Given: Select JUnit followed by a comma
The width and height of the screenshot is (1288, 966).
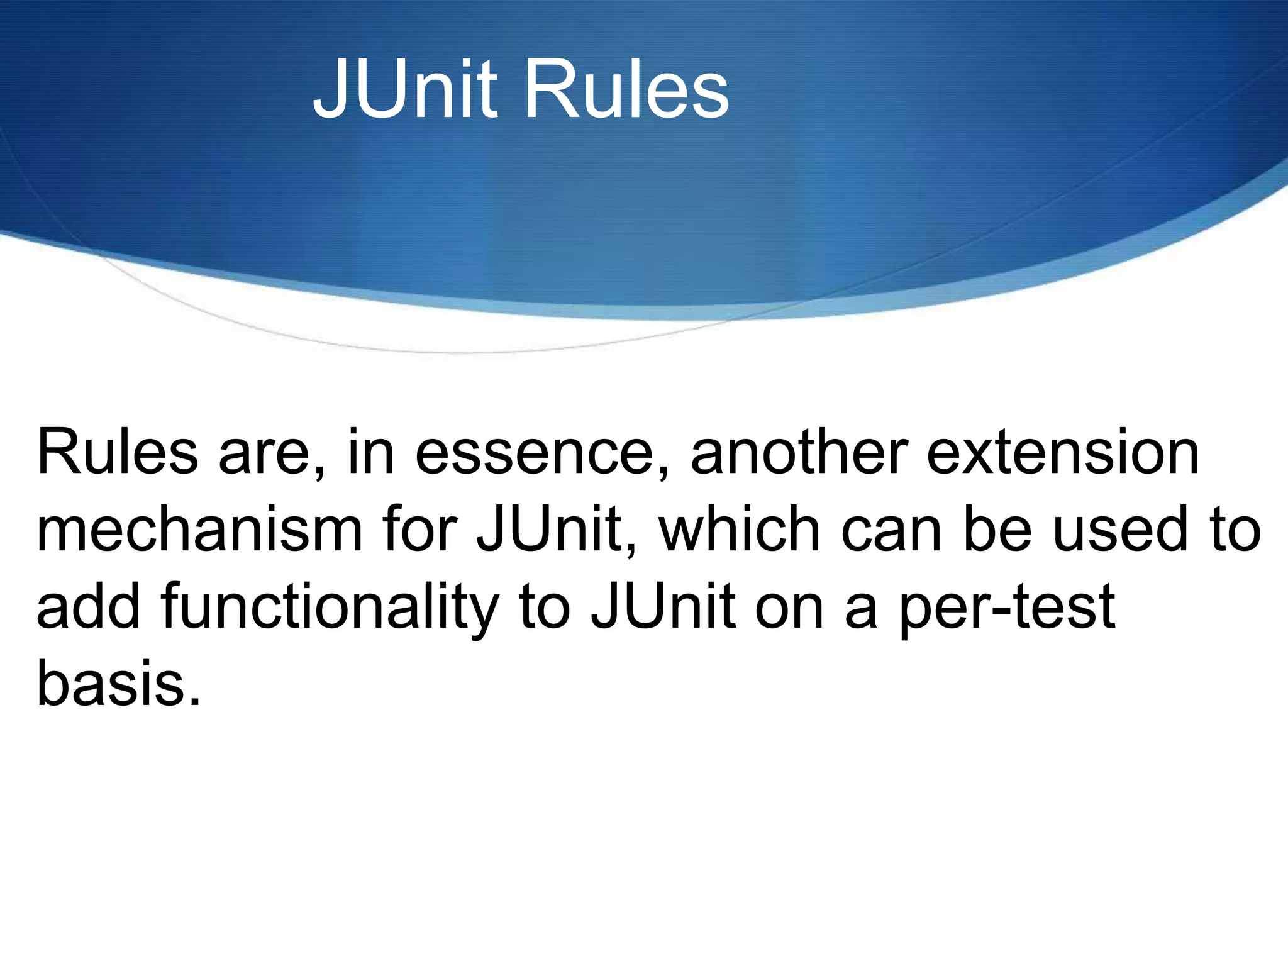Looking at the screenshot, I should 557,530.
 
